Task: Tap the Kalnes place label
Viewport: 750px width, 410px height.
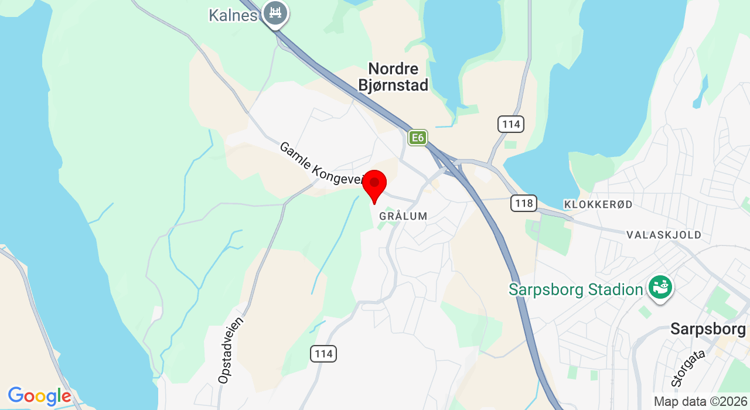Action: click(x=233, y=15)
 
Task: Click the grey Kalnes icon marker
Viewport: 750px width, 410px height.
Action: click(x=275, y=12)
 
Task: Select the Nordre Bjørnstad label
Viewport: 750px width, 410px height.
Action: click(x=393, y=77)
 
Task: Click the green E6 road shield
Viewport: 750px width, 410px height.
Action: click(x=417, y=138)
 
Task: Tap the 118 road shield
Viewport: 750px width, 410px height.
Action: click(x=523, y=203)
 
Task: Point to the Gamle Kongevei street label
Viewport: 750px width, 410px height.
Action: click(x=321, y=165)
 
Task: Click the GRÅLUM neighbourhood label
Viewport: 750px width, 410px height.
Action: click(x=403, y=216)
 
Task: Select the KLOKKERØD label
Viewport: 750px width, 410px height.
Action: click(x=598, y=204)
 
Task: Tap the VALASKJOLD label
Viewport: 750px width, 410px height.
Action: click(x=664, y=235)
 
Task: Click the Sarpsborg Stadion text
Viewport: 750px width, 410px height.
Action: click(x=576, y=289)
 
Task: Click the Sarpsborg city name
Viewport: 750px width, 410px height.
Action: click(x=708, y=329)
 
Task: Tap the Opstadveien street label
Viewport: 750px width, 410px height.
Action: click(x=230, y=350)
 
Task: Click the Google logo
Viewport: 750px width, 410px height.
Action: click(x=39, y=397)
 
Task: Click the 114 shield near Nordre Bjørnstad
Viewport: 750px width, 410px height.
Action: click(x=511, y=124)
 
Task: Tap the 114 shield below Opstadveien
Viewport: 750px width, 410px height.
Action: click(x=323, y=353)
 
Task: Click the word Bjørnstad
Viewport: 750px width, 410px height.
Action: click(x=393, y=85)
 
